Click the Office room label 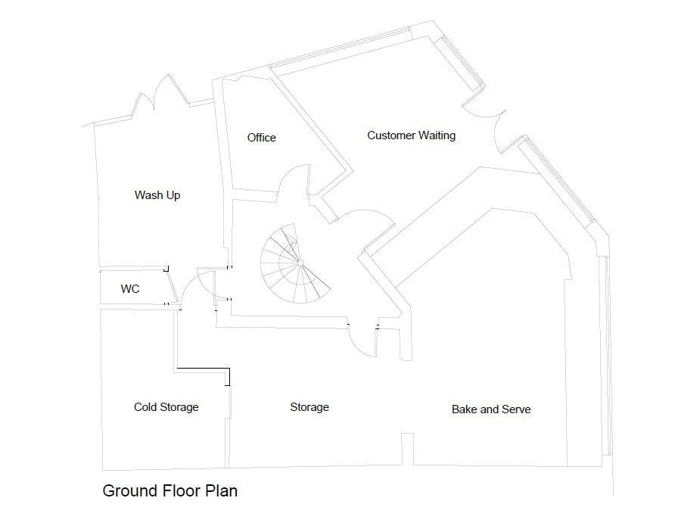click(262, 138)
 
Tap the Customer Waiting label click(411, 135)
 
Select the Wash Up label click(157, 195)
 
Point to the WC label click(130, 289)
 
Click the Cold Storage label click(166, 407)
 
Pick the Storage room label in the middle click(310, 407)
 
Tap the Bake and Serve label click(491, 409)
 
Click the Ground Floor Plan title click(170, 490)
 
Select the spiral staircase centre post click(300, 263)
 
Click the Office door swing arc click(291, 182)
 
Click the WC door click(173, 287)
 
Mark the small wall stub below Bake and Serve click(407, 448)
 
